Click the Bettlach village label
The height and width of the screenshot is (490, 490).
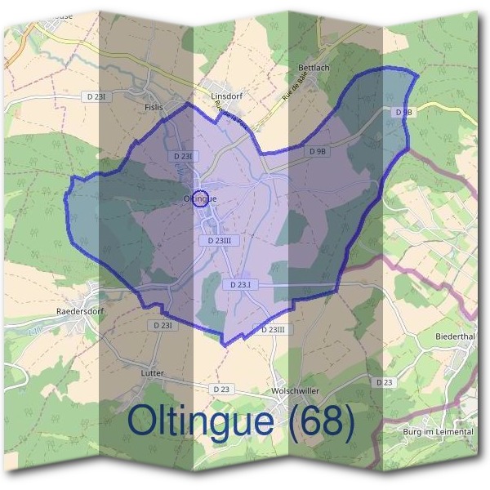[314, 68]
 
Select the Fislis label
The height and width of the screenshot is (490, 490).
[154, 107]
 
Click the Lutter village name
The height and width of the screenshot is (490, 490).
[153, 373]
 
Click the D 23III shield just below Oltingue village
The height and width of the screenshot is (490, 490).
[220, 241]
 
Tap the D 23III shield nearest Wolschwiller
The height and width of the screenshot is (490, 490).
[274, 329]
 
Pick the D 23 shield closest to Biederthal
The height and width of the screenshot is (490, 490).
[384, 382]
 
